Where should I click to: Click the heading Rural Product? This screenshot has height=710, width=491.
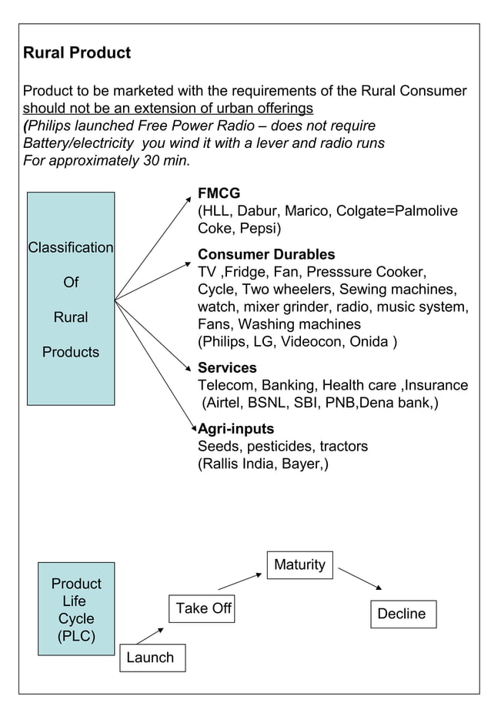pos(77,53)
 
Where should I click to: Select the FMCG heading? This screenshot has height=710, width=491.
pos(219,193)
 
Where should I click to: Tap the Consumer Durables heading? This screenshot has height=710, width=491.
pos(266,254)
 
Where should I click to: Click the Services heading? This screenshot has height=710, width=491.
pos(227,367)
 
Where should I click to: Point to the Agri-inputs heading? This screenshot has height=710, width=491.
pos(236,428)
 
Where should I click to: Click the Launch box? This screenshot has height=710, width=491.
pos(151,658)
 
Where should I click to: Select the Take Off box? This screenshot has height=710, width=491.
pos(203,608)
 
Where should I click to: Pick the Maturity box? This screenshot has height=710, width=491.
pos(299,564)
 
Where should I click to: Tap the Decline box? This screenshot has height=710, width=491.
pos(402,614)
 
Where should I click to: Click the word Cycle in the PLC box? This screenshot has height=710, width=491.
pos(76,619)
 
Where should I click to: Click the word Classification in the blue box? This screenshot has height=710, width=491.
pos(71,248)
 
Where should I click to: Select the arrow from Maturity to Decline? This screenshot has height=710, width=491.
pos(360,580)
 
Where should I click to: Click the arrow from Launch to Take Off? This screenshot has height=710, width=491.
pos(150,635)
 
